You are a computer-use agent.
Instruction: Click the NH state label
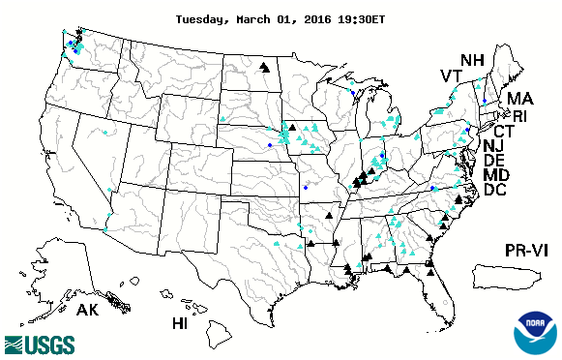click(x=472, y=59)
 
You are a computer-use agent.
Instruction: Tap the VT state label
click(x=451, y=76)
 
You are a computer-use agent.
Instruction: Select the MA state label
click(x=520, y=99)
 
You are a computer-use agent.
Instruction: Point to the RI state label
click(x=519, y=116)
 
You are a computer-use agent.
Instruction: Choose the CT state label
click(x=504, y=131)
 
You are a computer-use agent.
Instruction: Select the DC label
click(x=495, y=191)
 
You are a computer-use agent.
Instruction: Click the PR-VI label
click(x=528, y=251)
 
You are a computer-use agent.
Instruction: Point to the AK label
click(x=87, y=311)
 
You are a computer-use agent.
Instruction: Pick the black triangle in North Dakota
click(x=264, y=68)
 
